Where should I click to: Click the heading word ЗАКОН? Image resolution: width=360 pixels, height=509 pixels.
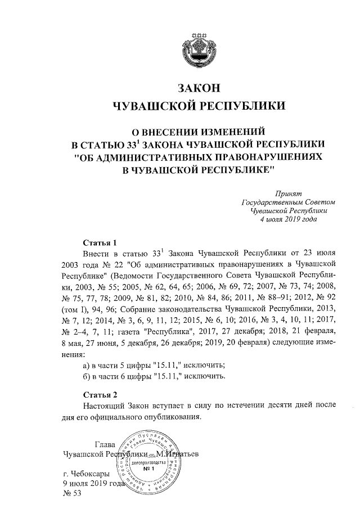click(x=196, y=88)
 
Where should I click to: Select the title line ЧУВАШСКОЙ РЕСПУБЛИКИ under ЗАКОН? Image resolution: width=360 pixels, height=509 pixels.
click(x=196, y=106)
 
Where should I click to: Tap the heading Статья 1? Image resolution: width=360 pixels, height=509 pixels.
click(x=99, y=243)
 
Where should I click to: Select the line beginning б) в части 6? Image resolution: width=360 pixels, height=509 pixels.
click(x=154, y=376)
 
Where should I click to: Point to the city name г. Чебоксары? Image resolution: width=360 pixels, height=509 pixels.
click(x=90, y=474)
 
